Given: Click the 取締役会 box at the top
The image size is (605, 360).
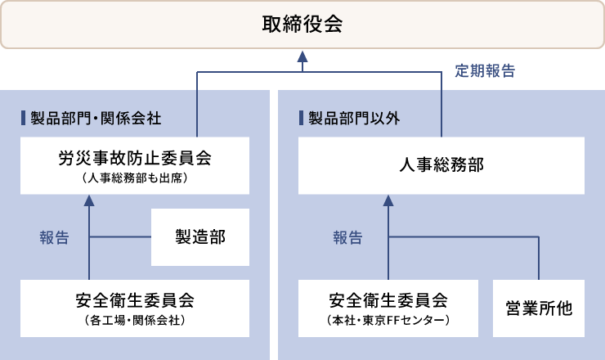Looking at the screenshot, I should [302, 25].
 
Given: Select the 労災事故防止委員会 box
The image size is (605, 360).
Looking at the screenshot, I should [135, 165].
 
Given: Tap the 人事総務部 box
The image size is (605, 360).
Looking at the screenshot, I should [441, 165].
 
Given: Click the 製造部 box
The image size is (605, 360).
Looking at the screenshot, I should [200, 237].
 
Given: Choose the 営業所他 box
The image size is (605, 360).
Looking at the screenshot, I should [539, 308].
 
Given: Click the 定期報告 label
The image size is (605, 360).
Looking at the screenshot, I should [485, 71].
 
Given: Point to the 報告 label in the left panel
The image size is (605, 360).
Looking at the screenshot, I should [54, 238].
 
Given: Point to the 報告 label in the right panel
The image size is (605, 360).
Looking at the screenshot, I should [347, 238].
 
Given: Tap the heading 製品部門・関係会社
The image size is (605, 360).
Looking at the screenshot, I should [96, 118].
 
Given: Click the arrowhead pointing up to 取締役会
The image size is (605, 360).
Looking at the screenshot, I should [302, 56].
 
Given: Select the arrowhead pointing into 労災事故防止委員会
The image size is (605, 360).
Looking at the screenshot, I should [89, 199].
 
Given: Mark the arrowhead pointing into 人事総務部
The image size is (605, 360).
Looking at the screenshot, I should [389, 199].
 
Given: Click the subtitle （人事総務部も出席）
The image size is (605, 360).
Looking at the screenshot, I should [135, 177].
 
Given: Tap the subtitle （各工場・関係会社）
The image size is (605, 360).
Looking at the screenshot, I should [135, 320].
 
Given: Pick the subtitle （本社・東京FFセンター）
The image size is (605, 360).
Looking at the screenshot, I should [388, 320].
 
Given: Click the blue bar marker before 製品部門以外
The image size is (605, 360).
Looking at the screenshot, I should [301, 118].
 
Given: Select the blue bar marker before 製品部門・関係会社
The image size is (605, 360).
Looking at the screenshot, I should [23, 118].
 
